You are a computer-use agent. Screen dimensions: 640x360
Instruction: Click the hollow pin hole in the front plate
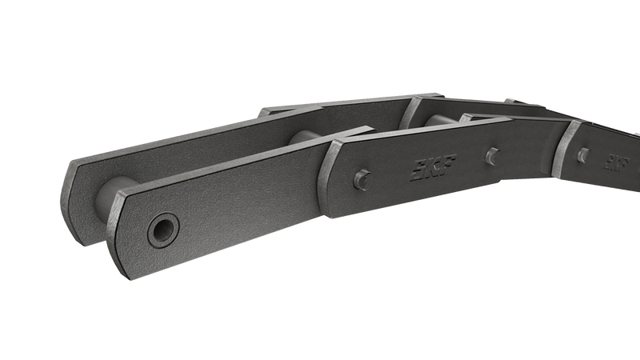pos(163,230)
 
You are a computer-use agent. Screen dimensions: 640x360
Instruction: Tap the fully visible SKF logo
pos(433,167)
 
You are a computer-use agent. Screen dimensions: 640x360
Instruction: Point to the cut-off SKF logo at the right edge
pos(616,162)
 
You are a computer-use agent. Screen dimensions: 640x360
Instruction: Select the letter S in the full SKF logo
pos(418,170)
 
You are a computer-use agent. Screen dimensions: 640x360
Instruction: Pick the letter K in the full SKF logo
pos(433,167)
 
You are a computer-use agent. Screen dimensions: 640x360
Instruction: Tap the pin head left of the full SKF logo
pos(362,179)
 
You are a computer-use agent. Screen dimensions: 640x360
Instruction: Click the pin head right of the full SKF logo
pos(493,156)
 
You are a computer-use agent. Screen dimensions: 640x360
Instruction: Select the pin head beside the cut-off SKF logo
pos(584,155)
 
